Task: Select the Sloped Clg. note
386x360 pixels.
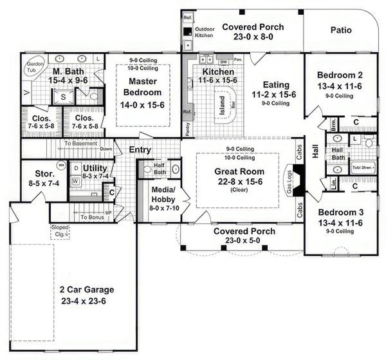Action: click(x=60, y=231)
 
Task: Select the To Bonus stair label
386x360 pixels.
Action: click(x=93, y=217)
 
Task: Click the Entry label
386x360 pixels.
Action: click(x=140, y=149)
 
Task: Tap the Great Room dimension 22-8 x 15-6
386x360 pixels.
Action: click(x=237, y=182)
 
